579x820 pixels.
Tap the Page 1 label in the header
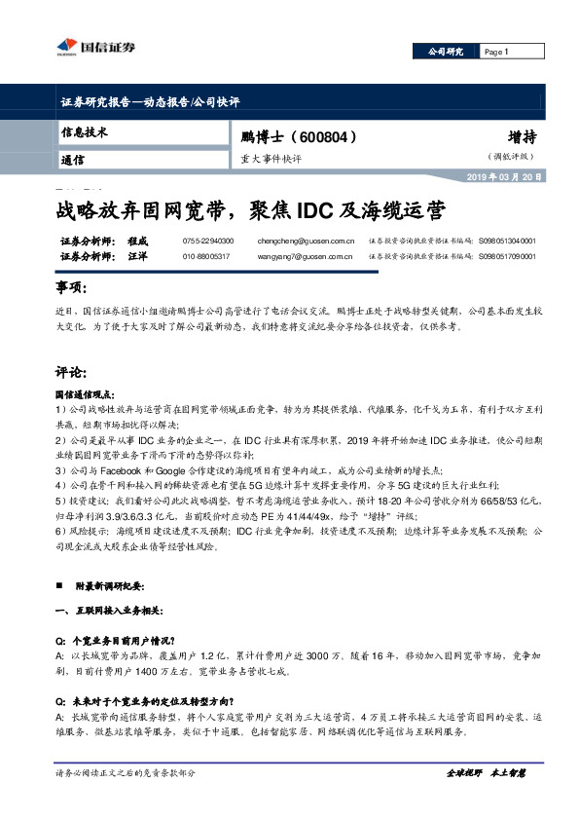[496, 52]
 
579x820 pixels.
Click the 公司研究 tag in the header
[447, 52]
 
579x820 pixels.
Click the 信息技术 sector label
[84, 130]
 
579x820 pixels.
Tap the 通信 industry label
[72, 159]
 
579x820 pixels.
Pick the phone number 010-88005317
[206, 255]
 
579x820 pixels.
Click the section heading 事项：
[71, 288]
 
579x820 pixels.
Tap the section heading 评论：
[71, 371]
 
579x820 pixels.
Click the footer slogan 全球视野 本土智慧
[484, 772]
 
